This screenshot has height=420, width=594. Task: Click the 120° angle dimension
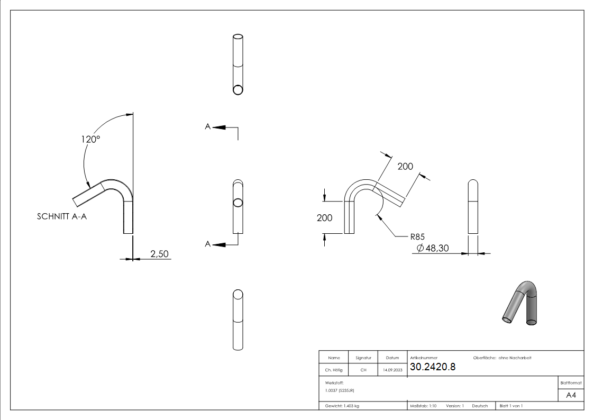tap(90, 140)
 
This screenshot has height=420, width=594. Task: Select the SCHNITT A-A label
tap(61, 216)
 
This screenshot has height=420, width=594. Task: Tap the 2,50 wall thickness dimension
tap(159, 254)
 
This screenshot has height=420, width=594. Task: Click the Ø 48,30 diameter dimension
tap(432, 248)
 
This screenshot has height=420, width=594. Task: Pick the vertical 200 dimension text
tap(324, 218)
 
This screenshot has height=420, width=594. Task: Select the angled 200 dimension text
tap(405, 166)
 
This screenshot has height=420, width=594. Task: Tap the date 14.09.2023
tap(392, 370)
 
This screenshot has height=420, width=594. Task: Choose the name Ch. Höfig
tap(333, 370)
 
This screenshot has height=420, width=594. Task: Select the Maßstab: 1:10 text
tap(423, 406)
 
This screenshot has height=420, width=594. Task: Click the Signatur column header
tap(363, 358)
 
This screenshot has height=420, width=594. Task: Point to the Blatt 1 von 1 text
tap(511, 406)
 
